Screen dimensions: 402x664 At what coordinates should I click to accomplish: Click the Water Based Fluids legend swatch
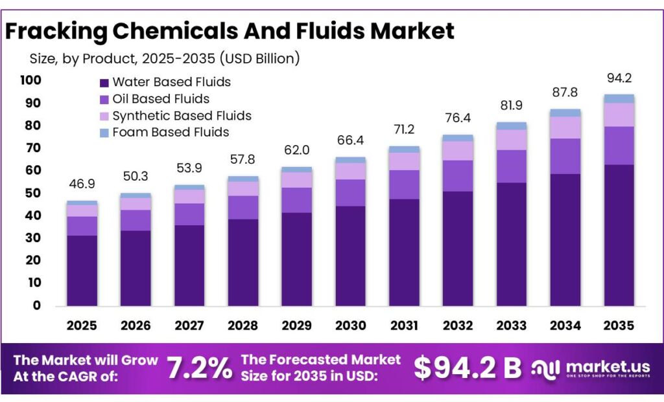coord(104,83)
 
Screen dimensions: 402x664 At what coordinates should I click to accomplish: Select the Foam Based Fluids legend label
coord(171,133)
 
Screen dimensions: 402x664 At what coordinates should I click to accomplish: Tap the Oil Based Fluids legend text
coord(160,99)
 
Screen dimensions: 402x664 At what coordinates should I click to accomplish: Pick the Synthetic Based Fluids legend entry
coord(182,116)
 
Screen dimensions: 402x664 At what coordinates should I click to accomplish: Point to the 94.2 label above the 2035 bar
coord(619,79)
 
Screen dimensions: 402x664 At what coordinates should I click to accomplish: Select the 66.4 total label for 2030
coord(350,141)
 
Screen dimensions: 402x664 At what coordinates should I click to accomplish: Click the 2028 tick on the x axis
coord(243,325)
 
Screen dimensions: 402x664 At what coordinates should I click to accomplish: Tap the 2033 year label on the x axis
coord(512,325)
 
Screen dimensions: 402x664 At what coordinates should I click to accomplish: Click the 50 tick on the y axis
coord(33,194)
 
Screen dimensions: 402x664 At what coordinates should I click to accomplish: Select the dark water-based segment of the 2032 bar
coord(458,248)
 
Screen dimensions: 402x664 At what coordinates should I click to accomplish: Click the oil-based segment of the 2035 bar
coord(619,146)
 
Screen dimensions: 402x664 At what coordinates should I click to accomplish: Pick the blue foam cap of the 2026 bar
coord(136,195)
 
